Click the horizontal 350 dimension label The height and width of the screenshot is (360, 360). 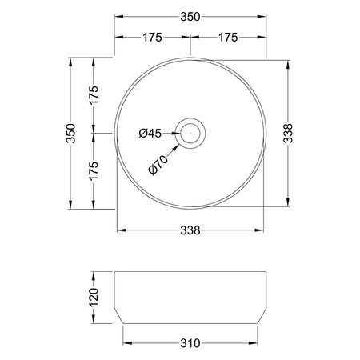pyautogui.click(x=190, y=17)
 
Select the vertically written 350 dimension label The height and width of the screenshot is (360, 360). pyautogui.click(x=71, y=133)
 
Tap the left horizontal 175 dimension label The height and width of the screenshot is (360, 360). pyautogui.click(x=152, y=38)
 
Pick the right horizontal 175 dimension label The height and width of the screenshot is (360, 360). pyautogui.click(x=228, y=38)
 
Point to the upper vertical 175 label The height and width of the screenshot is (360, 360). pyautogui.click(x=94, y=95)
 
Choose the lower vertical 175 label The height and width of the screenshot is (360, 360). pyautogui.click(x=94, y=171)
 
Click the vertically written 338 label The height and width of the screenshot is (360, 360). pyautogui.click(x=288, y=134)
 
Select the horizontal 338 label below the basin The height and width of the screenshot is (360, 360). pyautogui.click(x=190, y=230)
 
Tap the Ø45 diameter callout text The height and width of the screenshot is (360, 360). pyautogui.click(x=150, y=133)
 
